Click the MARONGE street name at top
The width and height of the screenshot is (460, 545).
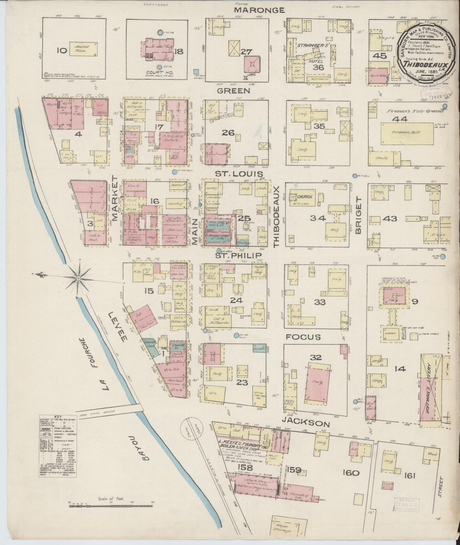tap(259, 10)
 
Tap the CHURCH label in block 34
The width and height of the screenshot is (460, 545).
tap(305, 197)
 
